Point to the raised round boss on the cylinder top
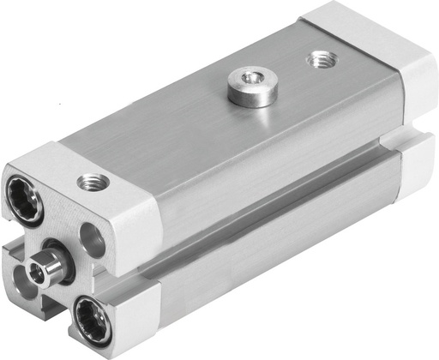(252, 88)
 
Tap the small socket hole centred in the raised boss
(252, 80)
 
